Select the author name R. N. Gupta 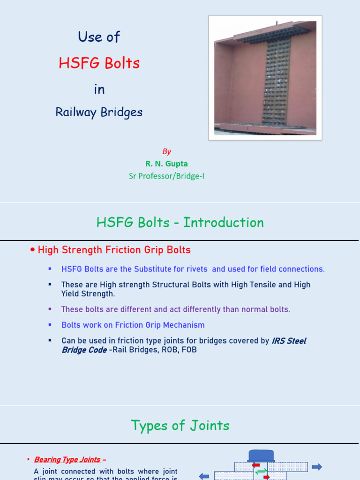point(166,164)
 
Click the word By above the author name point(166,151)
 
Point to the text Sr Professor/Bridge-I point(166,176)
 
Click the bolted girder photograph point(265,77)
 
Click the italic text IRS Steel point(289,341)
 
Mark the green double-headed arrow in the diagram point(262,471)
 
